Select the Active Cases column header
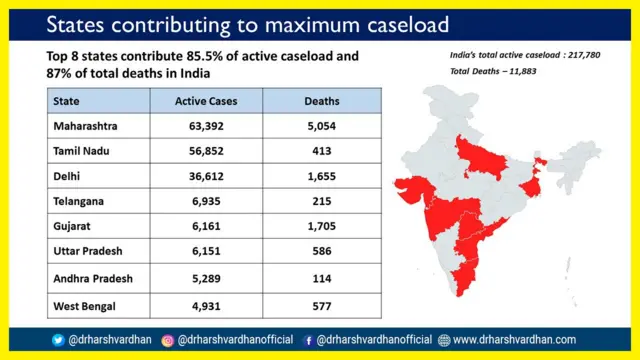click(205, 101)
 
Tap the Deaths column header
click(321, 101)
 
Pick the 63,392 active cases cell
click(205, 126)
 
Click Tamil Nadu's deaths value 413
click(321, 151)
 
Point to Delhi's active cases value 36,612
click(205, 176)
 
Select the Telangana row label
click(82, 201)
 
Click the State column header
click(68, 101)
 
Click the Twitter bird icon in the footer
click(58, 340)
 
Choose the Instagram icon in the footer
click(168, 340)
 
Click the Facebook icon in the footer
click(308, 340)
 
